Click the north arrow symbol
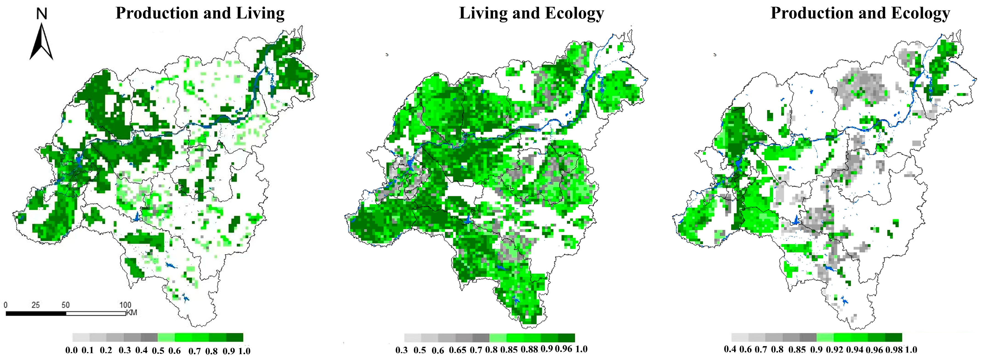[x=41, y=42]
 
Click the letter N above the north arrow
[x=41, y=14]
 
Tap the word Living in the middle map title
[x=483, y=13]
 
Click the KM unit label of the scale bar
[x=132, y=313]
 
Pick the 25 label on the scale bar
[x=35, y=305]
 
